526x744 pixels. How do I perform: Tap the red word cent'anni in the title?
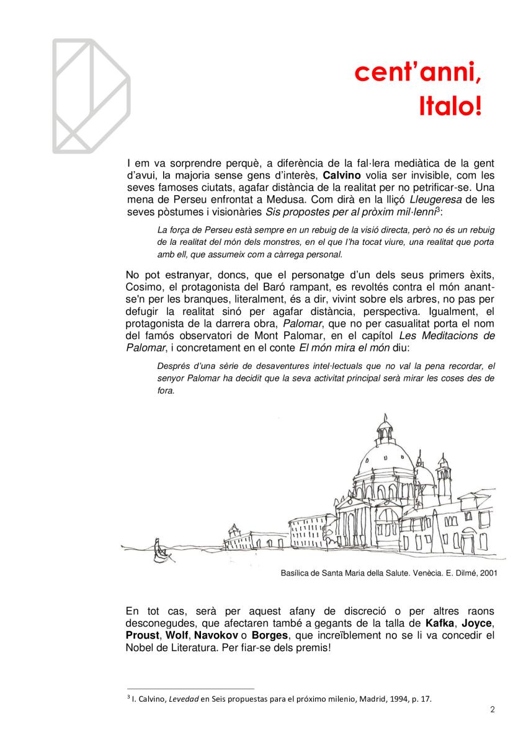click(417, 74)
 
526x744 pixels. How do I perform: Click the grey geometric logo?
click(90, 95)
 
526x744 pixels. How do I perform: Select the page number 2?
click(492, 710)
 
